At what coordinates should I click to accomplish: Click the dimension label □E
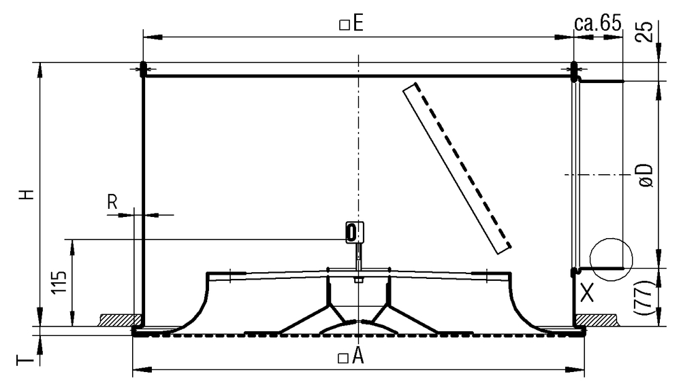[x=351, y=24]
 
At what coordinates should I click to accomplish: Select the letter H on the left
[x=25, y=194]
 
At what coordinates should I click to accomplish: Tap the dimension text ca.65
[x=598, y=24]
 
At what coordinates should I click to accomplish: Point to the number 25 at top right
[x=648, y=31]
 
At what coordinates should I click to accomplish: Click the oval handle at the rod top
[x=351, y=232]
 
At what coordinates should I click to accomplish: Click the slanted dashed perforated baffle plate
[x=456, y=167]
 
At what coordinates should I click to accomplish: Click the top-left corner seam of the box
[x=143, y=68]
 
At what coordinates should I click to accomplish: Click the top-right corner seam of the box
[x=573, y=68]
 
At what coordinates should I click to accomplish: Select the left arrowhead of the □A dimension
[x=136, y=370]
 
